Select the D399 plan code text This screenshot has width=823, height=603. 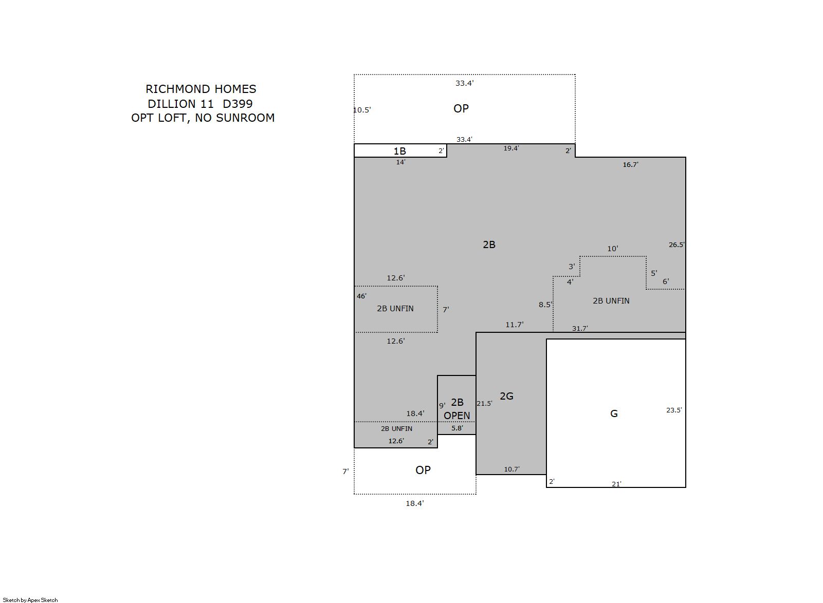point(237,104)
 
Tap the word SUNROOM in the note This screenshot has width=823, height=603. point(245,118)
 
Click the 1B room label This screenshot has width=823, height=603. point(400,151)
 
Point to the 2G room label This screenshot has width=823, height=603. point(506,396)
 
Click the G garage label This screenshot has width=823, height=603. point(614,413)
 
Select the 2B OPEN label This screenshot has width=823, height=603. point(456,409)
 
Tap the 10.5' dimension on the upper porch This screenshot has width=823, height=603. point(362,110)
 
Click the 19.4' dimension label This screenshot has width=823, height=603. point(511,148)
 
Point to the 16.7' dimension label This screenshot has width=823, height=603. point(630,165)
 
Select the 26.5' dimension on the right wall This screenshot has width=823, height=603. point(676,245)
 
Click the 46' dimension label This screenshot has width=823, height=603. point(361,296)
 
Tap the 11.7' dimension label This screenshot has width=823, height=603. point(515,325)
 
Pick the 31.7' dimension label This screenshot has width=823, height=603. point(580,329)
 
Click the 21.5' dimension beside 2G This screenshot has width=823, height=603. point(485,403)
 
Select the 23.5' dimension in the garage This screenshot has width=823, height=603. point(674,410)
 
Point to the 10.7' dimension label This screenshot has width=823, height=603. point(511,469)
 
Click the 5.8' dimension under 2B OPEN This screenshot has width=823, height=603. point(457,428)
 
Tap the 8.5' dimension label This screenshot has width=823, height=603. point(545,305)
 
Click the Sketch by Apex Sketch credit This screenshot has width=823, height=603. point(30,600)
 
